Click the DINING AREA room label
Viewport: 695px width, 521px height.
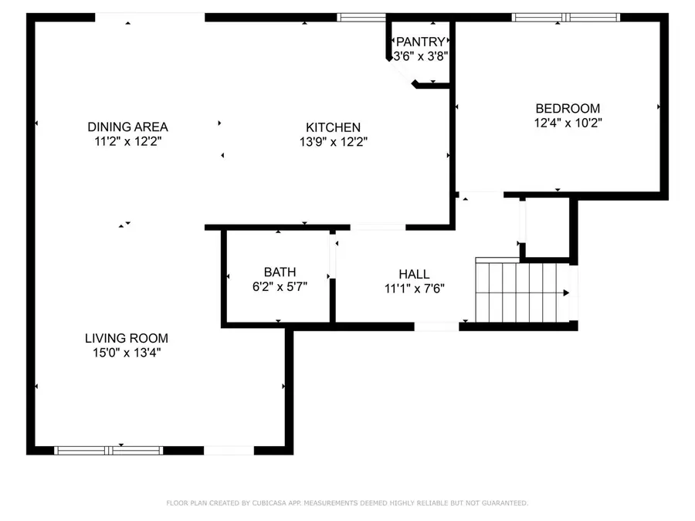[127, 127]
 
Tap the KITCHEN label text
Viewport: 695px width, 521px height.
[333, 127]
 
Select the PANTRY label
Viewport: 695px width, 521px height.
[420, 42]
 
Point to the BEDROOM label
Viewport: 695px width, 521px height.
[568, 109]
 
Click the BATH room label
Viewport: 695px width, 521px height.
[280, 272]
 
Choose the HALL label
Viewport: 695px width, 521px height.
[414, 274]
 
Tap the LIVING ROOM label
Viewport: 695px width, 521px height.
[127, 339]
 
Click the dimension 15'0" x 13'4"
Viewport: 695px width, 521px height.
[127, 353]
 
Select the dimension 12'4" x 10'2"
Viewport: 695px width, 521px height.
[568, 123]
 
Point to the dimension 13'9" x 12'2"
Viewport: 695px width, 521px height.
[334, 142]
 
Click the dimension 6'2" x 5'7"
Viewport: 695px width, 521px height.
[280, 287]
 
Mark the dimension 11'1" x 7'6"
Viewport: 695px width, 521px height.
[415, 289]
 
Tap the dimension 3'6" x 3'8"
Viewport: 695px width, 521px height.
[421, 56]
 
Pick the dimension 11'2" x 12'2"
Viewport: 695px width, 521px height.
[127, 142]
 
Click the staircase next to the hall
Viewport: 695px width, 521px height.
[522, 292]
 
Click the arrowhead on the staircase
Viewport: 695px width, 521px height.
[566, 293]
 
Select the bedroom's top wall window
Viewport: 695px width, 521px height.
[565, 17]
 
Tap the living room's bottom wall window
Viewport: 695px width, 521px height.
[109, 451]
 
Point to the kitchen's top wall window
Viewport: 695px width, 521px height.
[361, 17]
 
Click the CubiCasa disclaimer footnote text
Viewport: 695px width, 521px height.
[347, 502]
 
